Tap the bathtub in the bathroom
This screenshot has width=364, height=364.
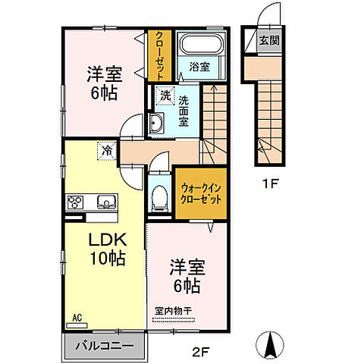[201, 45]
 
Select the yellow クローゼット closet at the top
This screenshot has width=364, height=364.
[161, 55]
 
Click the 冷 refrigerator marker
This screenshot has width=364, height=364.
[106, 150]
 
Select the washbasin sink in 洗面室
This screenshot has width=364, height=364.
[157, 125]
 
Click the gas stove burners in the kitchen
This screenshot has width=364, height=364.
[77, 202]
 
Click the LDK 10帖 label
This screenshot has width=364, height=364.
[106, 248]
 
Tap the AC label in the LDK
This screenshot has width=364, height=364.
[77, 318]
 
